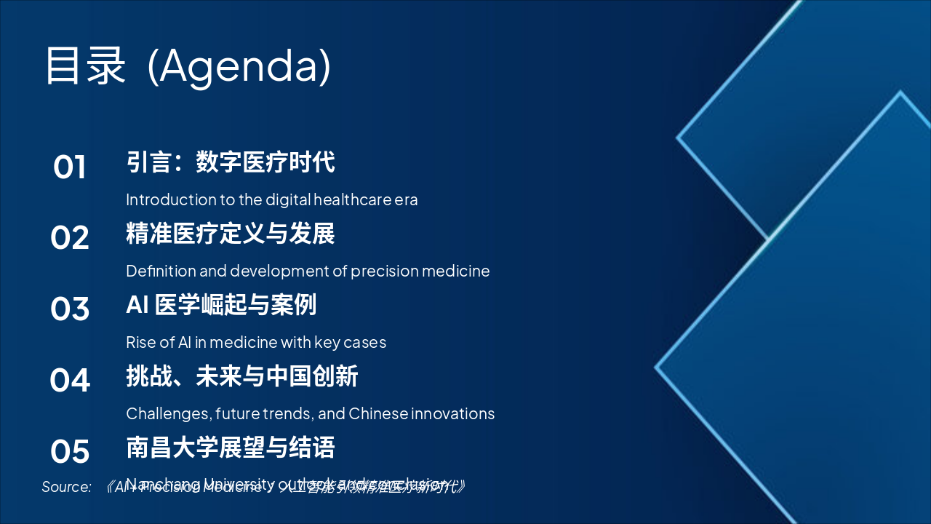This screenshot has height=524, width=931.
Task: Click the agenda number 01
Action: tap(70, 167)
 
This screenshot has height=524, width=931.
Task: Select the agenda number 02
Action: tap(70, 239)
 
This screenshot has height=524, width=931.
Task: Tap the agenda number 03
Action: tap(70, 309)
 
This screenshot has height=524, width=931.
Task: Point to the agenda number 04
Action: tap(70, 381)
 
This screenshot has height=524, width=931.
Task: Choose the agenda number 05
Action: tap(70, 452)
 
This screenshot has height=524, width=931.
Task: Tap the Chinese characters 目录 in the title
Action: tap(86, 65)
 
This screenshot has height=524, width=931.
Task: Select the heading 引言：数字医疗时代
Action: tap(230, 162)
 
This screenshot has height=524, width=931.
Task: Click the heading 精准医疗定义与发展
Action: tap(230, 234)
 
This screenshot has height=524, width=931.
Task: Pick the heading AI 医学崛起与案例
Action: tap(221, 305)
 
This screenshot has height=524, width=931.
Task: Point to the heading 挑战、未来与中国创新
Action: tap(241, 376)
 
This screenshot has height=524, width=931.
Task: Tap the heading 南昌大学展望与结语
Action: tap(230, 448)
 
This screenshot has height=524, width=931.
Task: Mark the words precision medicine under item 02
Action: tap(420, 271)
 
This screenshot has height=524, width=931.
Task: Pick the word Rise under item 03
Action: tap(141, 342)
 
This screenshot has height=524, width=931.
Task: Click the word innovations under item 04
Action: tap(452, 413)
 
